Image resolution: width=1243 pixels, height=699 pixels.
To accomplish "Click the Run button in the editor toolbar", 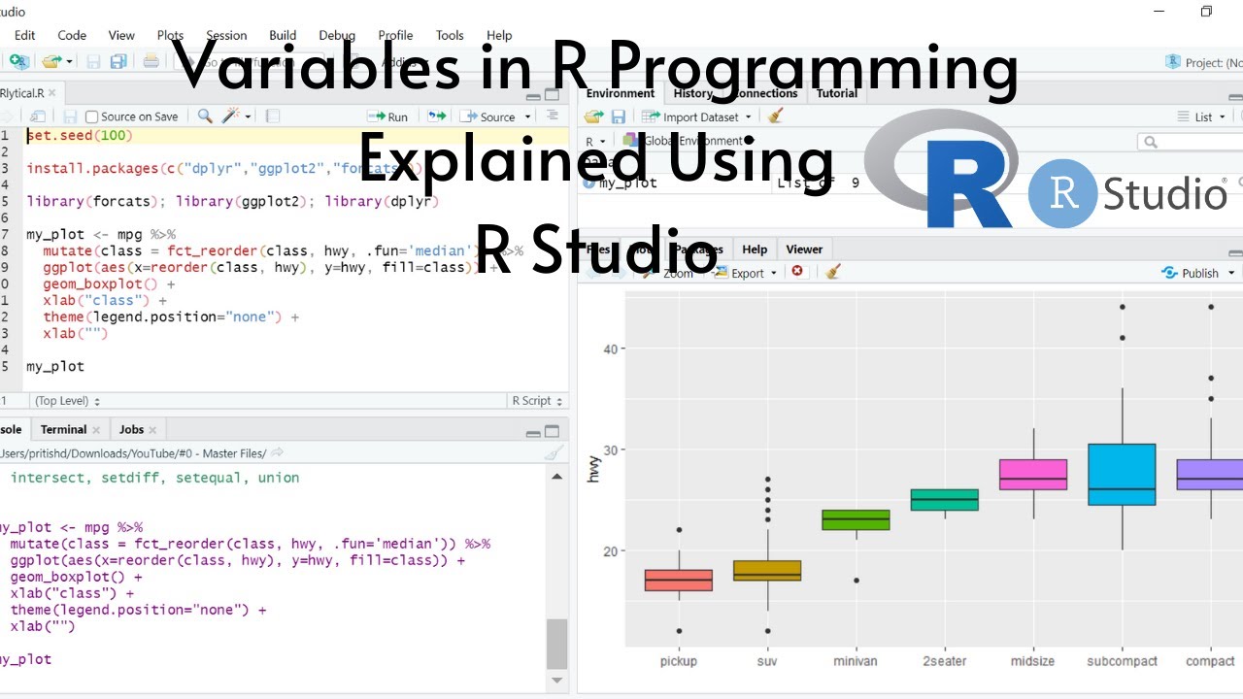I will pyautogui.click(x=387, y=116).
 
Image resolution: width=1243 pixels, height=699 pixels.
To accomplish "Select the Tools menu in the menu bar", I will pyautogui.click(x=450, y=35).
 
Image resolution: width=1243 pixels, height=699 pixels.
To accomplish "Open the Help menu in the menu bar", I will pyautogui.click(x=499, y=35).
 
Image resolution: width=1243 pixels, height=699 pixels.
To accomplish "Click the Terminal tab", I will pyautogui.click(x=63, y=429).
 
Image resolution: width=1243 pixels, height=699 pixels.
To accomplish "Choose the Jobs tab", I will pyautogui.click(x=131, y=429).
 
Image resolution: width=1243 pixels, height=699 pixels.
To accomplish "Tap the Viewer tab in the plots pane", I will pyautogui.click(x=804, y=250).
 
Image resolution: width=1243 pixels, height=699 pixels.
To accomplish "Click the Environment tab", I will pyautogui.click(x=621, y=93).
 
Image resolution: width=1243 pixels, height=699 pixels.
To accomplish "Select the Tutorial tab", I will pyautogui.click(x=836, y=93).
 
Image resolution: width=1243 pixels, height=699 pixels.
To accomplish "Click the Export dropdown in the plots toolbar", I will pyautogui.click(x=747, y=273).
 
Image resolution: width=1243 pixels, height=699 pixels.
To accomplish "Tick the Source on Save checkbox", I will pyautogui.click(x=92, y=116).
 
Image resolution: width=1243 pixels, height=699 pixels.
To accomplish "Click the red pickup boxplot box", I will pyautogui.click(x=679, y=580).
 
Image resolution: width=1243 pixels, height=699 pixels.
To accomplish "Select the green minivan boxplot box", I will pyautogui.click(x=856, y=519).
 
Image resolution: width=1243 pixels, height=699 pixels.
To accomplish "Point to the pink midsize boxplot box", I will pyautogui.click(x=1033, y=475).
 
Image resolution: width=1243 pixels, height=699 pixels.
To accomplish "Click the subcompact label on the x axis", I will pyautogui.click(x=1122, y=661).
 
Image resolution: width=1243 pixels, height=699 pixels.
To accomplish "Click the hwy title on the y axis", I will pyautogui.click(x=594, y=470).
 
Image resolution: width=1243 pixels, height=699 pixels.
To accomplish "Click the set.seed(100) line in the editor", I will pyautogui.click(x=80, y=136).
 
